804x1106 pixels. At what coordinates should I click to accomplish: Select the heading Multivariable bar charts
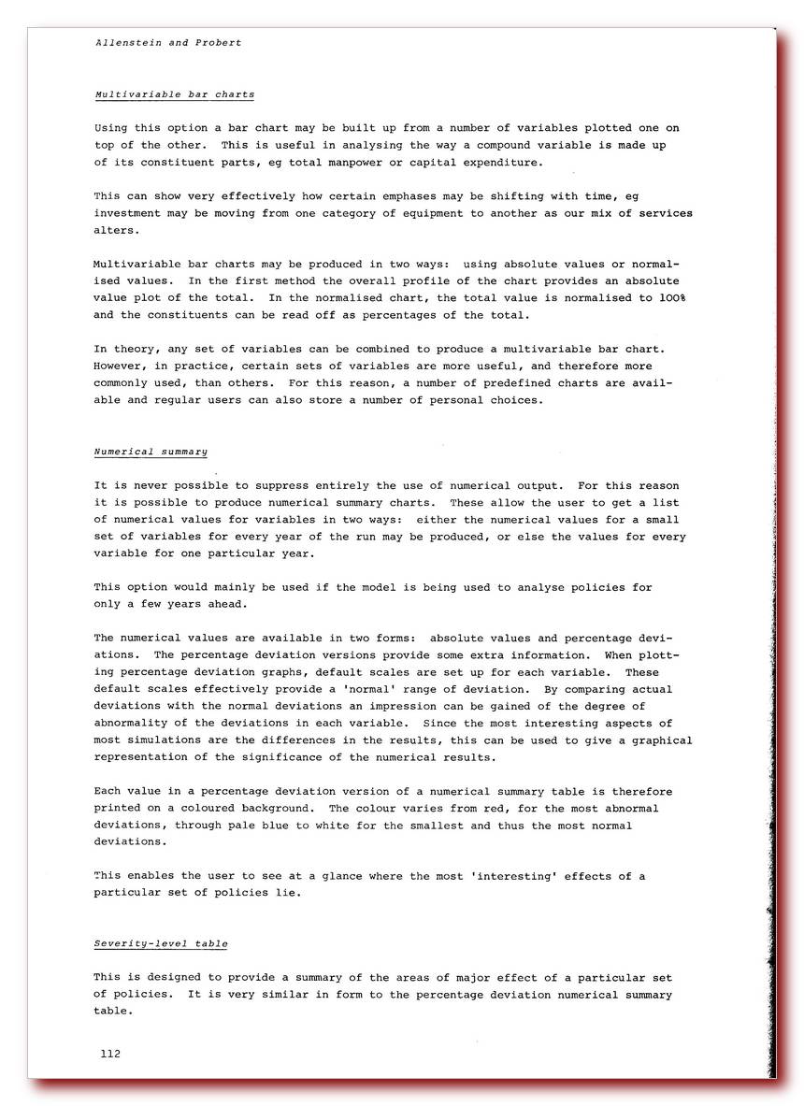[174, 94]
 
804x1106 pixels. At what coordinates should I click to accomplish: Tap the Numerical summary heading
[151, 452]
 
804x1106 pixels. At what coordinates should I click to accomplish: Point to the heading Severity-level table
[161, 943]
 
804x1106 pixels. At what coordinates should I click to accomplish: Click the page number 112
[110, 1054]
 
